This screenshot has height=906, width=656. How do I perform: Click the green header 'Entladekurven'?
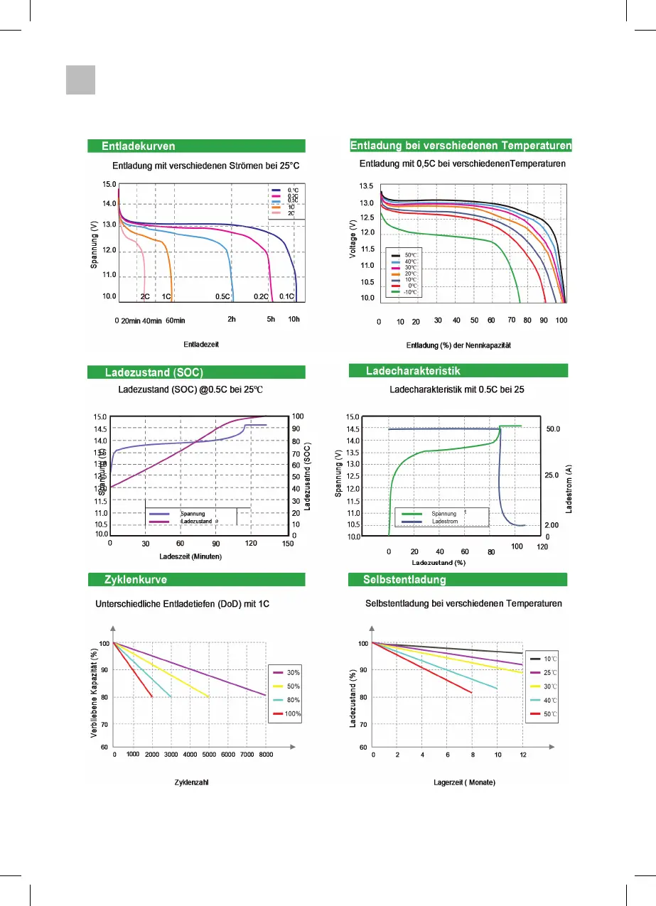(139, 146)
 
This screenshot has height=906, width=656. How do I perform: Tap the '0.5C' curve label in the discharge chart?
(222, 296)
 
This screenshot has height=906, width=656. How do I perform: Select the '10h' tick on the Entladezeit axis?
(293, 320)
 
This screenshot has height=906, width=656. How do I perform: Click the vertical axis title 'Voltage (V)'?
(353, 238)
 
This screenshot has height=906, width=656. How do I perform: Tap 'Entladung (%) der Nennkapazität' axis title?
(458, 346)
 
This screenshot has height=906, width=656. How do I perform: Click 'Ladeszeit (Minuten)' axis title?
(190, 556)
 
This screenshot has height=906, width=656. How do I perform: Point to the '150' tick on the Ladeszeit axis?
(287, 544)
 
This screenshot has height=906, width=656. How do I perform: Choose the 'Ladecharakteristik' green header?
(414, 371)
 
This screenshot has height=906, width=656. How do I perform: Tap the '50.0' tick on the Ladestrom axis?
(553, 430)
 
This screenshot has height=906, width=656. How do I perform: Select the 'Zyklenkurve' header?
(136, 579)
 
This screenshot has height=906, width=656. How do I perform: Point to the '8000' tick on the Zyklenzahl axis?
(265, 755)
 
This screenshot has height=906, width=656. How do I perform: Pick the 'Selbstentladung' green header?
(405, 579)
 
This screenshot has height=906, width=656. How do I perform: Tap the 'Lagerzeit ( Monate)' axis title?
(464, 782)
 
